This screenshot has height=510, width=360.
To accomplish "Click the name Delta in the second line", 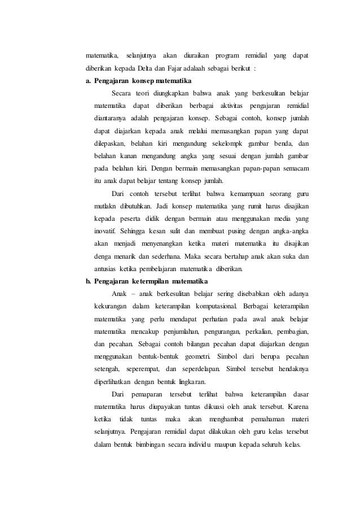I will point(139,69).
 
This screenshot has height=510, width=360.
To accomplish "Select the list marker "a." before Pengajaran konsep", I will point(89,81).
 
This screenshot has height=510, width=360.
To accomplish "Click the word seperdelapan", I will point(199,369).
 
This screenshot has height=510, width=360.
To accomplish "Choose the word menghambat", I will point(231,419).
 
